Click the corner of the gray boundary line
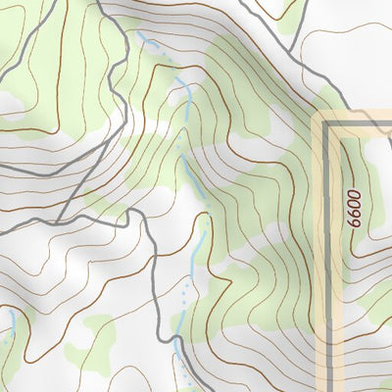[326, 124]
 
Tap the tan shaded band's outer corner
[316, 115]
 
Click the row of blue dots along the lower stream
[183, 294]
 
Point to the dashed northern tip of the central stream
[147, 41]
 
